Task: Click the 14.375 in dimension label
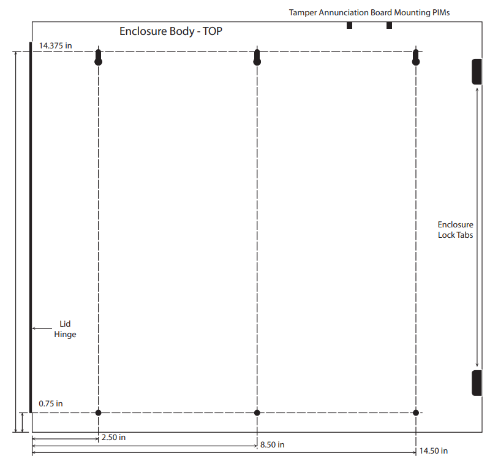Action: click(55, 46)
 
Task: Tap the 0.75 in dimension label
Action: click(50, 403)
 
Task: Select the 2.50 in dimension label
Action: click(113, 438)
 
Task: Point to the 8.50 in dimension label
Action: click(272, 444)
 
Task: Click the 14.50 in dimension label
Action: click(434, 451)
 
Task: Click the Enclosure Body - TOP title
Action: click(170, 31)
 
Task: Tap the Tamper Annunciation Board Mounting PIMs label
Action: click(369, 13)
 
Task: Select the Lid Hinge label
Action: click(65, 329)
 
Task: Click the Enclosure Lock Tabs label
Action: click(456, 230)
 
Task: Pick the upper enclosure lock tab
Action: click(477, 72)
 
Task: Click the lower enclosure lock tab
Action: click(477, 383)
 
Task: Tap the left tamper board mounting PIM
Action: click(349, 25)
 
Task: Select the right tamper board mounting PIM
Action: click(389, 25)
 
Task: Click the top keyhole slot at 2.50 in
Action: click(99, 57)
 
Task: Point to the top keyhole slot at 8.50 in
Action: click(257, 57)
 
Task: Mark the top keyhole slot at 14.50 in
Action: click(416, 57)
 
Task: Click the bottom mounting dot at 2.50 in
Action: click(99, 413)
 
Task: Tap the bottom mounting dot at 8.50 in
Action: click(257, 413)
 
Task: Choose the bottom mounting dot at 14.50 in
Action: click(416, 413)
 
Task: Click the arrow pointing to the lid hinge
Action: click(42, 329)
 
